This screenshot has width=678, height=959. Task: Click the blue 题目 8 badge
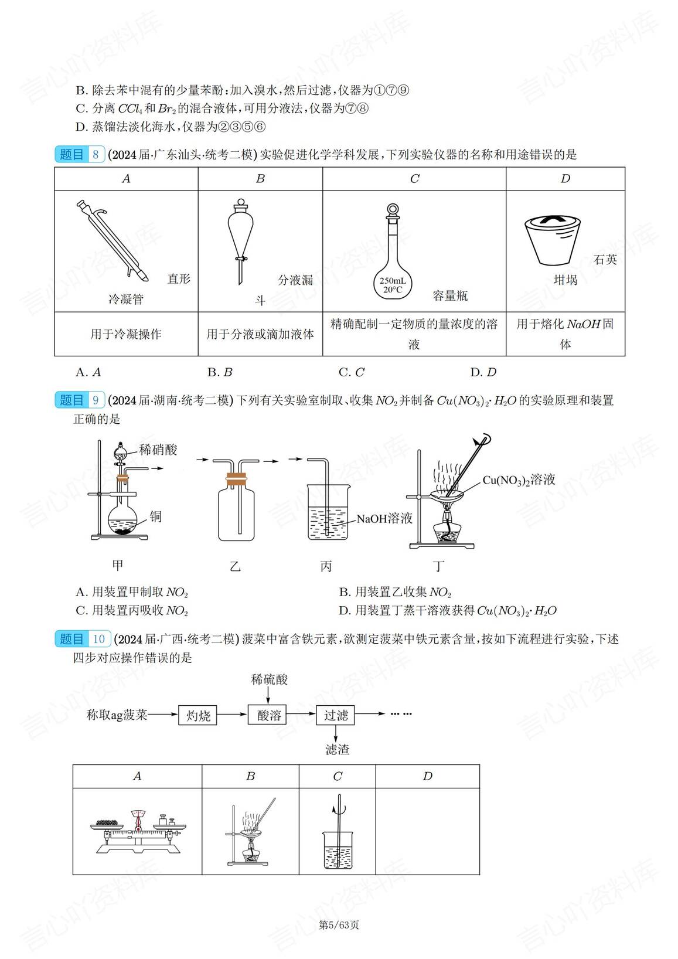pyautogui.click(x=80, y=154)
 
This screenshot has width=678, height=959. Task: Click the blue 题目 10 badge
pyautogui.click(x=83, y=638)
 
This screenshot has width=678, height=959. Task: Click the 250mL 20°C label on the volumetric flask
pyautogui.click(x=393, y=285)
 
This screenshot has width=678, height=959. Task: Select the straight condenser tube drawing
pyautogui.click(x=111, y=240)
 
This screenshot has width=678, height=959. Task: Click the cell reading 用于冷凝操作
pyautogui.click(x=126, y=334)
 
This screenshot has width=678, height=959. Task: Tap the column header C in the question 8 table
pyautogui.click(x=414, y=179)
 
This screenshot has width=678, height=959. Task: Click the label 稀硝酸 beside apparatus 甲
pyautogui.click(x=158, y=450)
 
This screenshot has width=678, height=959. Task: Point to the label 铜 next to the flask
pyautogui.click(x=155, y=516)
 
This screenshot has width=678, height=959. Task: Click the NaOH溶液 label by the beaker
pyautogui.click(x=384, y=518)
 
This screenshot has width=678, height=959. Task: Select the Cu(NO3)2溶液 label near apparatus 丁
pyautogui.click(x=519, y=480)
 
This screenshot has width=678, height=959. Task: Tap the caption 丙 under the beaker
pyautogui.click(x=326, y=566)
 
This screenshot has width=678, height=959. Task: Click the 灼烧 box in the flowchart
pyautogui.click(x=198, y=715)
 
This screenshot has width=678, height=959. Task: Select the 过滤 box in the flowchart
pyautogui.click(x=336, y=715)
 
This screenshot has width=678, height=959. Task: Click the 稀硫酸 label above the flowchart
pyautogui.click(x=269, y=679)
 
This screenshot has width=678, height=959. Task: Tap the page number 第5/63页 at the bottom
pyautogui.click(x=339, y=925)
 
